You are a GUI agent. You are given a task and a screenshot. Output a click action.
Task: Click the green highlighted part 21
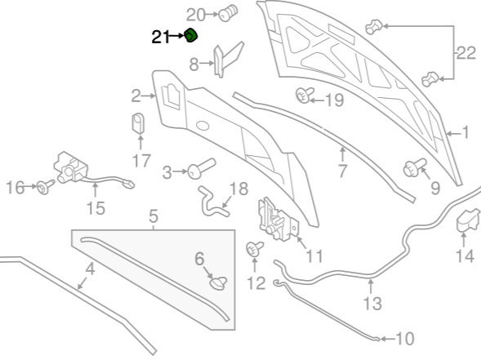(191, 35)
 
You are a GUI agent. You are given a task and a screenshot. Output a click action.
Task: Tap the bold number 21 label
(160, 37)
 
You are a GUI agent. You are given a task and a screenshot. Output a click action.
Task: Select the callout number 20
(196, 15)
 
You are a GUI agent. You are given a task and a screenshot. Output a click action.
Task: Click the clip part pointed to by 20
(228, 13)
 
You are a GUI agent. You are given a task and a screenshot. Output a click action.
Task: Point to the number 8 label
(194, 64)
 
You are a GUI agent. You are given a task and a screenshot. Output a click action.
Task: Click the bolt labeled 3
(201, 168)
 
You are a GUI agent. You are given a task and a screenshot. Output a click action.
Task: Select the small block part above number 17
(138, 123)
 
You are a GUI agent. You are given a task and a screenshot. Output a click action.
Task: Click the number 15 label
(96, 208)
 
